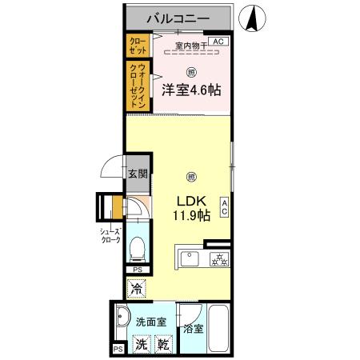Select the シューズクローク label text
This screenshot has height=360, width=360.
[x=110, y=235]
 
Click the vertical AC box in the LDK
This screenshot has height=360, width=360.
[x=225, y=209]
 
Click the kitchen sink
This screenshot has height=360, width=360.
[x=190, y=259]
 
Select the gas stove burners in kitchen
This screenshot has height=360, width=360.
[x=218, y=259]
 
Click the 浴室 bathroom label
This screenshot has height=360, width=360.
[x=193, y=328]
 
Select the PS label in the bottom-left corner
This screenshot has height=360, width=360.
[x=118, y=350]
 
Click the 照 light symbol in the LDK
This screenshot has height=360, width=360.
[x=190, y=177]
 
